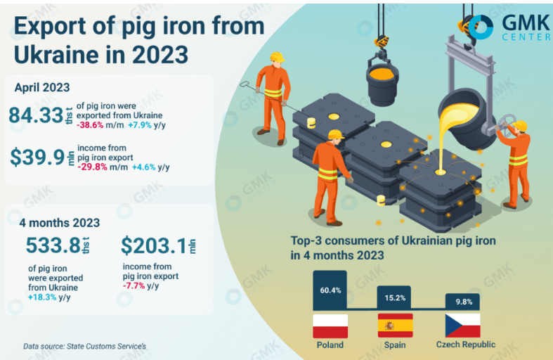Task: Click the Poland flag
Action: click(330, 326)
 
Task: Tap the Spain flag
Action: click(395, 326)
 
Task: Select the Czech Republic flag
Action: click(463, 326)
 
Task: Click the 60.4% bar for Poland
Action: click(330, 290)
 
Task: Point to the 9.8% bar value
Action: click(463, 302)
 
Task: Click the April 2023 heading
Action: click(42, 87)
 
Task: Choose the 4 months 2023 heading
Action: click(60, 222)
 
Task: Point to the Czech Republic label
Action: click(465, 345)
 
